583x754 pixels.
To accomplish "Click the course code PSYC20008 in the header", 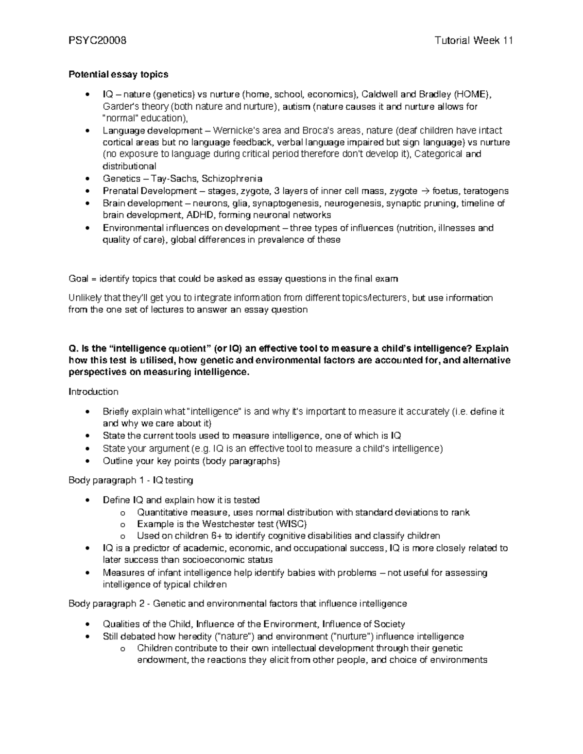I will tap(97, 41).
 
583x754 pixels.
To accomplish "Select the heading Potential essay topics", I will tap(118, 74).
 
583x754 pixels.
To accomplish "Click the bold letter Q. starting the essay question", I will tap(73, 349).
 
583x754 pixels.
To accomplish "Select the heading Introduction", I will tap(93, 391).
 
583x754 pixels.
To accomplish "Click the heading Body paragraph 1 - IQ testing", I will tap(131, 480).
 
